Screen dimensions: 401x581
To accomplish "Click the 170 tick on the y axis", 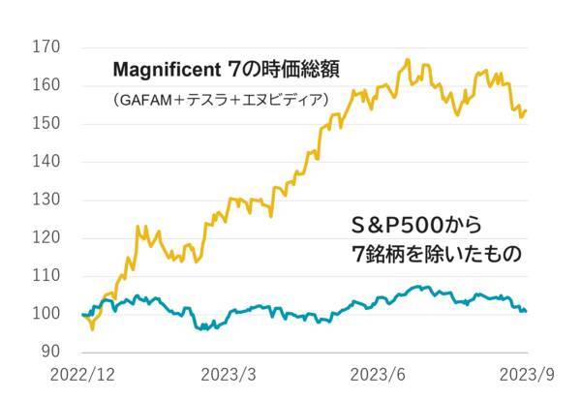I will tap(47, 46).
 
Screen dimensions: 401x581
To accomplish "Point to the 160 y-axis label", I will tap(47, 85).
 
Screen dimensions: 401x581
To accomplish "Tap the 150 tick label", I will tap(47, 123).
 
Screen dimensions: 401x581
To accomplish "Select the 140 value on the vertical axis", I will tap(47, 161).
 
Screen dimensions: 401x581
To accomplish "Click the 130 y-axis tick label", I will tap(47, 200).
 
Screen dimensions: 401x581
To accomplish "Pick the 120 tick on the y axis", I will tap(47, 237).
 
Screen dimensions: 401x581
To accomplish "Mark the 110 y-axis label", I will tap(47, 275).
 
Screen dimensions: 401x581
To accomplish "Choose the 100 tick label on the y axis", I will tap(47, 314).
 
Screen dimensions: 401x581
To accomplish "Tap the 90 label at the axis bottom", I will tap(51, 352).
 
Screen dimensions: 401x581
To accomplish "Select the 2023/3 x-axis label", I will tap(229, 375).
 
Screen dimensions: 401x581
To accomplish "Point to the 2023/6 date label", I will tap(378, 375).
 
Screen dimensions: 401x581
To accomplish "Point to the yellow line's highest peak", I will tap(408, 60).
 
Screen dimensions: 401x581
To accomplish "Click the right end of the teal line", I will tap(526, 311).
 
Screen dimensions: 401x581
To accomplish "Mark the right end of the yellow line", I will tap(526, 110).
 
